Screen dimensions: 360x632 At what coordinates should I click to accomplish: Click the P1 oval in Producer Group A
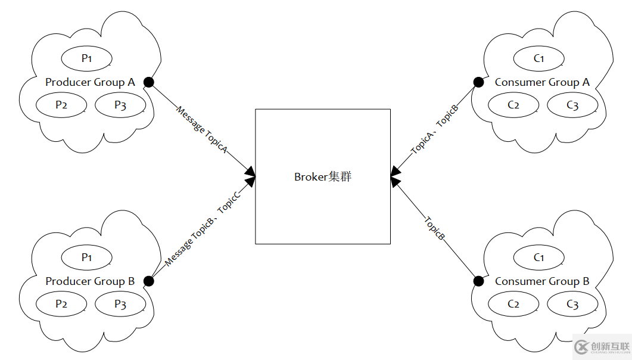(87, 58)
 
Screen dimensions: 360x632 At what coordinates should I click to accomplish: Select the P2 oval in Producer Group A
(61, 105)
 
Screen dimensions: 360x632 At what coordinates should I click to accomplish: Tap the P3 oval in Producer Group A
(120, 105)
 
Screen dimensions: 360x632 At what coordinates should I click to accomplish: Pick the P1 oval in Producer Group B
(87, 257)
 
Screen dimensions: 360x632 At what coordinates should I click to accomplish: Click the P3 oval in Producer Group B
(120, 304)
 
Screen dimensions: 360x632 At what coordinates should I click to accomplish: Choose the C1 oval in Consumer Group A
(539, 58)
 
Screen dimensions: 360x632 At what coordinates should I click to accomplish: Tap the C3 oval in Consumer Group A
(572, 105)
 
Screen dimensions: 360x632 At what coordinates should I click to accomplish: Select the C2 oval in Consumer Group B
(513, 304)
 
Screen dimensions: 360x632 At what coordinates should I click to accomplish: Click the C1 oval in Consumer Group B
(539, 257)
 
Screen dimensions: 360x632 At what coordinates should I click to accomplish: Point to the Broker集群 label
(323, 177)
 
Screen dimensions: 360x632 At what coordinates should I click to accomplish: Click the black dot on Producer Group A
(149, 82)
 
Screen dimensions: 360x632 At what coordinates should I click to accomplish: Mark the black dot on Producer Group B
(149, 281)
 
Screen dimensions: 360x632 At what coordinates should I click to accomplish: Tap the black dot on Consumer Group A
(478, 82)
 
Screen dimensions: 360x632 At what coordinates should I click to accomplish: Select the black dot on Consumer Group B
(478, 281)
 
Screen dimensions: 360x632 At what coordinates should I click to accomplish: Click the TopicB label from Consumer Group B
(435, 228)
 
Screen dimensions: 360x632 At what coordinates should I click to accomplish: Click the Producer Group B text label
(90, 281)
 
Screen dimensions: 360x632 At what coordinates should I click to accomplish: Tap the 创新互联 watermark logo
(602, 347)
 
